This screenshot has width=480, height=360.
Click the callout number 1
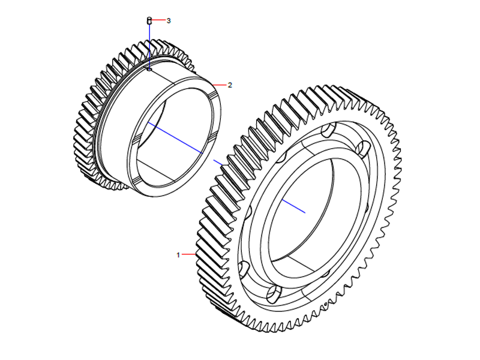click(x=178, y=255)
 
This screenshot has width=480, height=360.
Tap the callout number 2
click(x=229, y=85)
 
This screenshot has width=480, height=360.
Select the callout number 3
click(x=169, y=20)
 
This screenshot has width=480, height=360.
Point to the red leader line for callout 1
click(x=189, y=255)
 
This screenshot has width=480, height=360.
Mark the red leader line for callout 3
click(x=158, y=20)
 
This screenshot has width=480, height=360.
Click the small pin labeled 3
click(x=149, y=22)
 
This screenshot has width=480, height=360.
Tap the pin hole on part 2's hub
click(x=149, y=69)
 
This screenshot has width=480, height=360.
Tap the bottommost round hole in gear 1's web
click(x=273, y=293)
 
